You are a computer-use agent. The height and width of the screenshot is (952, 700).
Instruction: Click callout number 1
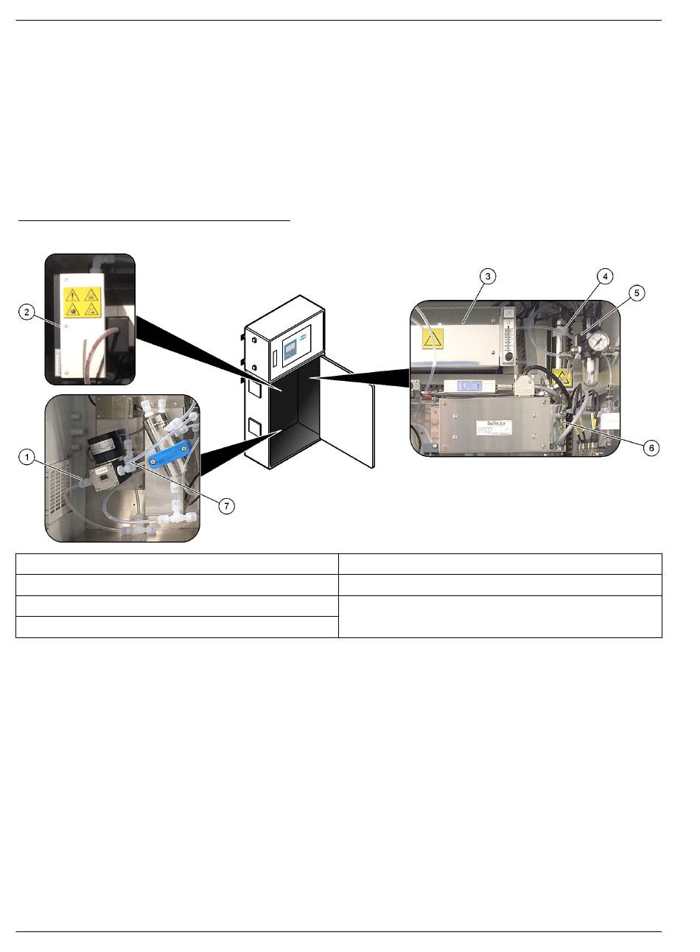[27, 458]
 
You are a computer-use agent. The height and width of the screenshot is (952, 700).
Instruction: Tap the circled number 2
[27, 312]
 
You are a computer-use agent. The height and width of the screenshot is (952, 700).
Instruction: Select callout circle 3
[487, 276]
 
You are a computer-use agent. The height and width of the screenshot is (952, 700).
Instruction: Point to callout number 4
[603, 276]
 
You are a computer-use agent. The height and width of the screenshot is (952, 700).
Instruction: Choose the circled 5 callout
[637, 293]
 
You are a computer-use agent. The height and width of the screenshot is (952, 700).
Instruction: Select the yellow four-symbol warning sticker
[82, 306]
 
